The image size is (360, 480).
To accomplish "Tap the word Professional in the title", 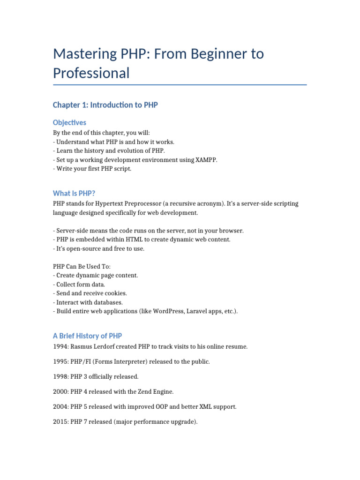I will pyautogui.click(x=91, y=73).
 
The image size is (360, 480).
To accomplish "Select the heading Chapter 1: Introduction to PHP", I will pyautogui.click(x=105, y=105).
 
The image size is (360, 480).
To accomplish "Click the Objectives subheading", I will pyautogui.click(x=69, y=122).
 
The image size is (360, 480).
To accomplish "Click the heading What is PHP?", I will pyautogui.click(x=74, y=193).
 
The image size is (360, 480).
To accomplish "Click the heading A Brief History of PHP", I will pyautogui.click(x=87, y=336).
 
